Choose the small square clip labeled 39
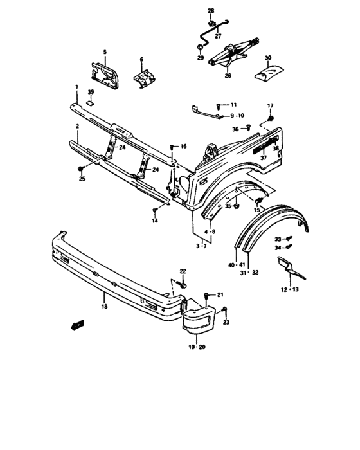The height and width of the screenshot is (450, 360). click(91, 102)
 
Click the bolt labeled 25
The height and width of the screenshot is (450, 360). click(81, 168)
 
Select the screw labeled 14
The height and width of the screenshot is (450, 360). click(155, 210)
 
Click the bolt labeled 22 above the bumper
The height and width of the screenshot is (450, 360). click(184, 284)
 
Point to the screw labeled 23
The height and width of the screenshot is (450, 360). click(224, 311)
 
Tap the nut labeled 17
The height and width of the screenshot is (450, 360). click(270, 118)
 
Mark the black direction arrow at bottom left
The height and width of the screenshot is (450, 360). click(78, 325)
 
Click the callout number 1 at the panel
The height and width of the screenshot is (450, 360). click(76, 87)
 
